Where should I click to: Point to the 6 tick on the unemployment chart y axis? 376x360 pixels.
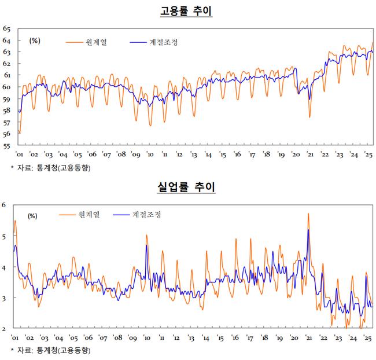(x=4, y=205)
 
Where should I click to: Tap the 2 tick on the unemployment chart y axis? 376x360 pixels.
(x=4, y=329)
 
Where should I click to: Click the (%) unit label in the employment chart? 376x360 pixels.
(x=34, y=40)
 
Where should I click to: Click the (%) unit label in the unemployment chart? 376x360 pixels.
(x=32, y=216)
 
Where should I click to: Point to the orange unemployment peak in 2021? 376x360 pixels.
(x=308, y=214)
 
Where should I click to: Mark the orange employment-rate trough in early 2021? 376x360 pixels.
(x=309, y=117)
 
